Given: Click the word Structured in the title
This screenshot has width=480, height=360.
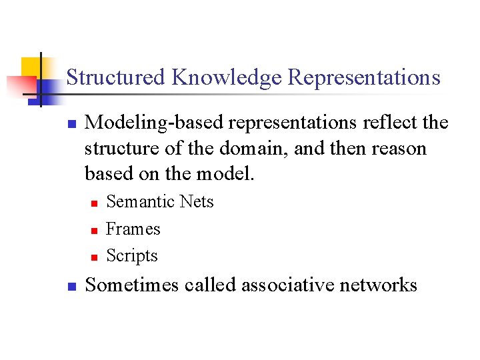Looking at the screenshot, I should tap(115, 77).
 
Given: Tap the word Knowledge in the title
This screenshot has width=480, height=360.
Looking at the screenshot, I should tap(226, 77).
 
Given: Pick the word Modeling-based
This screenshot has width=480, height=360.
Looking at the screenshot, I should tap(157, 123).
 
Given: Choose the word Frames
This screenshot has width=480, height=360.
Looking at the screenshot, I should tap(133, 229).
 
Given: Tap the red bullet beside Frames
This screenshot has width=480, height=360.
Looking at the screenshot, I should tap(94, 230).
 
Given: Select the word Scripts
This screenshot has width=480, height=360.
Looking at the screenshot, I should tap(132, 255).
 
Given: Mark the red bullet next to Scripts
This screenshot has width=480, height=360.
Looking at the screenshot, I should tap(94, 257).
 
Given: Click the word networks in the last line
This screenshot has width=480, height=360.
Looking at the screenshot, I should tap(378, 285).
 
